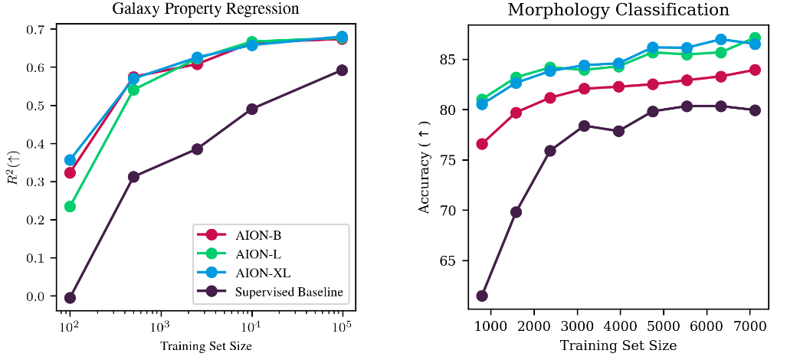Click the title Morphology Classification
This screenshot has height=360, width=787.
[x=618, y=10]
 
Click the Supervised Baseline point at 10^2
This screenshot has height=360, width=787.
[x=70, y=298]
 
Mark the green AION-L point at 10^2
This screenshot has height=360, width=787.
[x=70, y=206]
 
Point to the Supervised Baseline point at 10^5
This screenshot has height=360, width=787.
[x=342, y=70]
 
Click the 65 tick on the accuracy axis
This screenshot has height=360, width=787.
[x=448, y=261]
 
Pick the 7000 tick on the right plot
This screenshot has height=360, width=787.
[x=749, y=326]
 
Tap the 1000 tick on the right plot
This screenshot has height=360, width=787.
[x=489, y=326]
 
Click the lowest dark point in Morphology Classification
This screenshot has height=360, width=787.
[x=482, y=296]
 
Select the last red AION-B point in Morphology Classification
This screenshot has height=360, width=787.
[x=755, y=70]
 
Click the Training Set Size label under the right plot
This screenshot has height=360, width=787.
[x=618, y=345]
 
